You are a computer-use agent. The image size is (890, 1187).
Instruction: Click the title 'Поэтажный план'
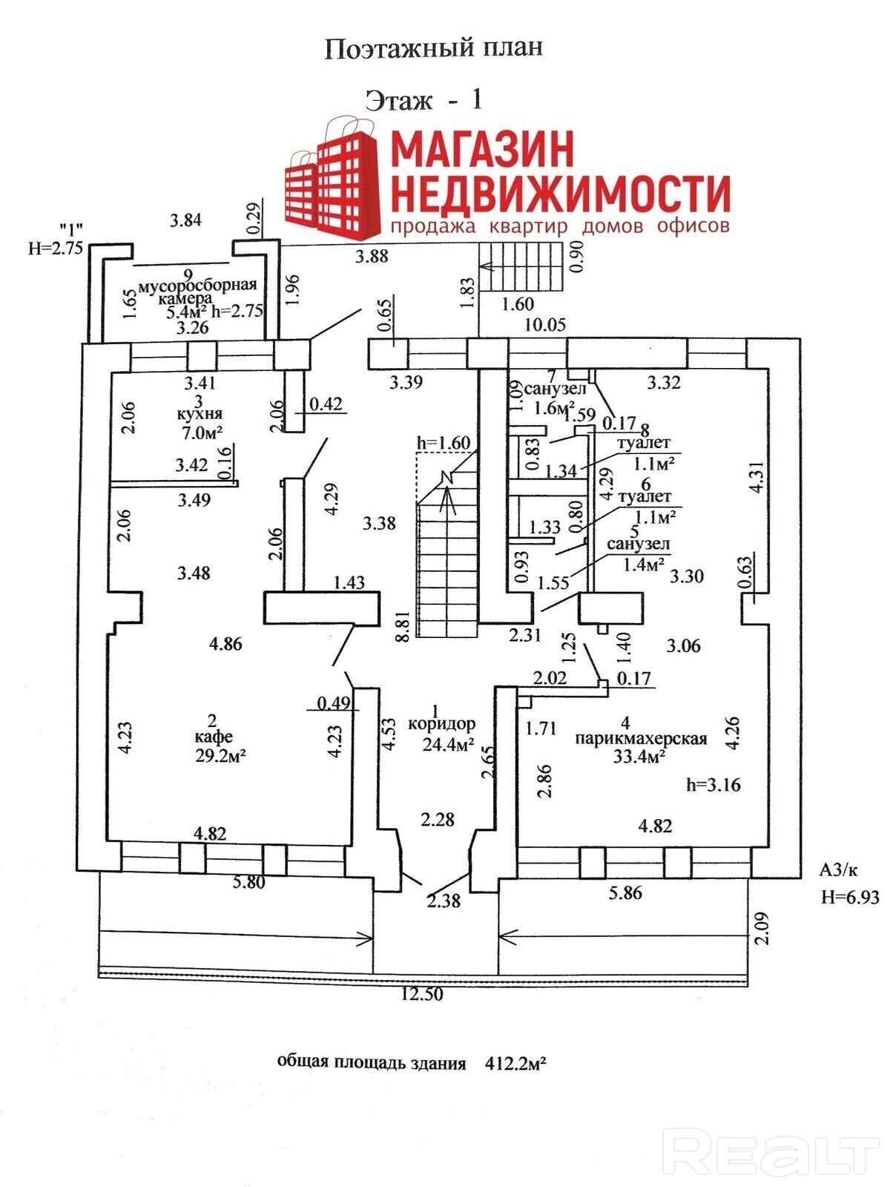click(433, 49)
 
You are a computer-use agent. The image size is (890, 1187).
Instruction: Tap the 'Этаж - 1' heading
click(423, 100)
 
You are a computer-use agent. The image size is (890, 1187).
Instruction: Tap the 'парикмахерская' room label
click(641, 738)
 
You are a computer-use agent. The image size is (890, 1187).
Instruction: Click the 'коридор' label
click(442, 723)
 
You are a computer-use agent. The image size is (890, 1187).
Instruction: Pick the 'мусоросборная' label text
click(197, 285)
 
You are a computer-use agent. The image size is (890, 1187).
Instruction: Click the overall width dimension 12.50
click(422, 994)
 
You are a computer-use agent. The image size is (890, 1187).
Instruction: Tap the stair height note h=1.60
click(444, 442)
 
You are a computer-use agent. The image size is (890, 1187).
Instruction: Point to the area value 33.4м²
click(639, 757)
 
